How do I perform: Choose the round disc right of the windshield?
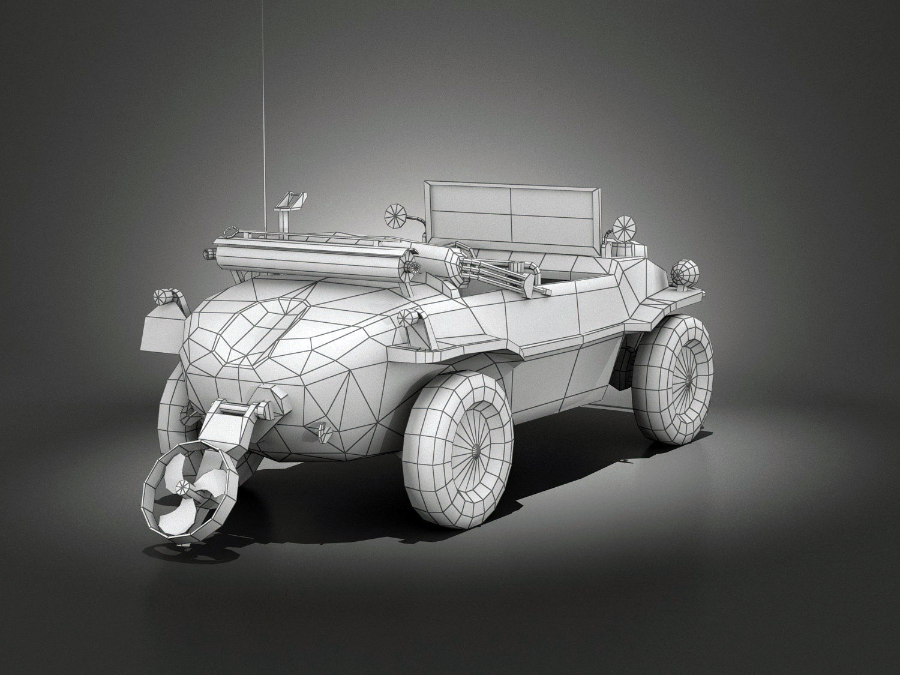coord(624,227)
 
